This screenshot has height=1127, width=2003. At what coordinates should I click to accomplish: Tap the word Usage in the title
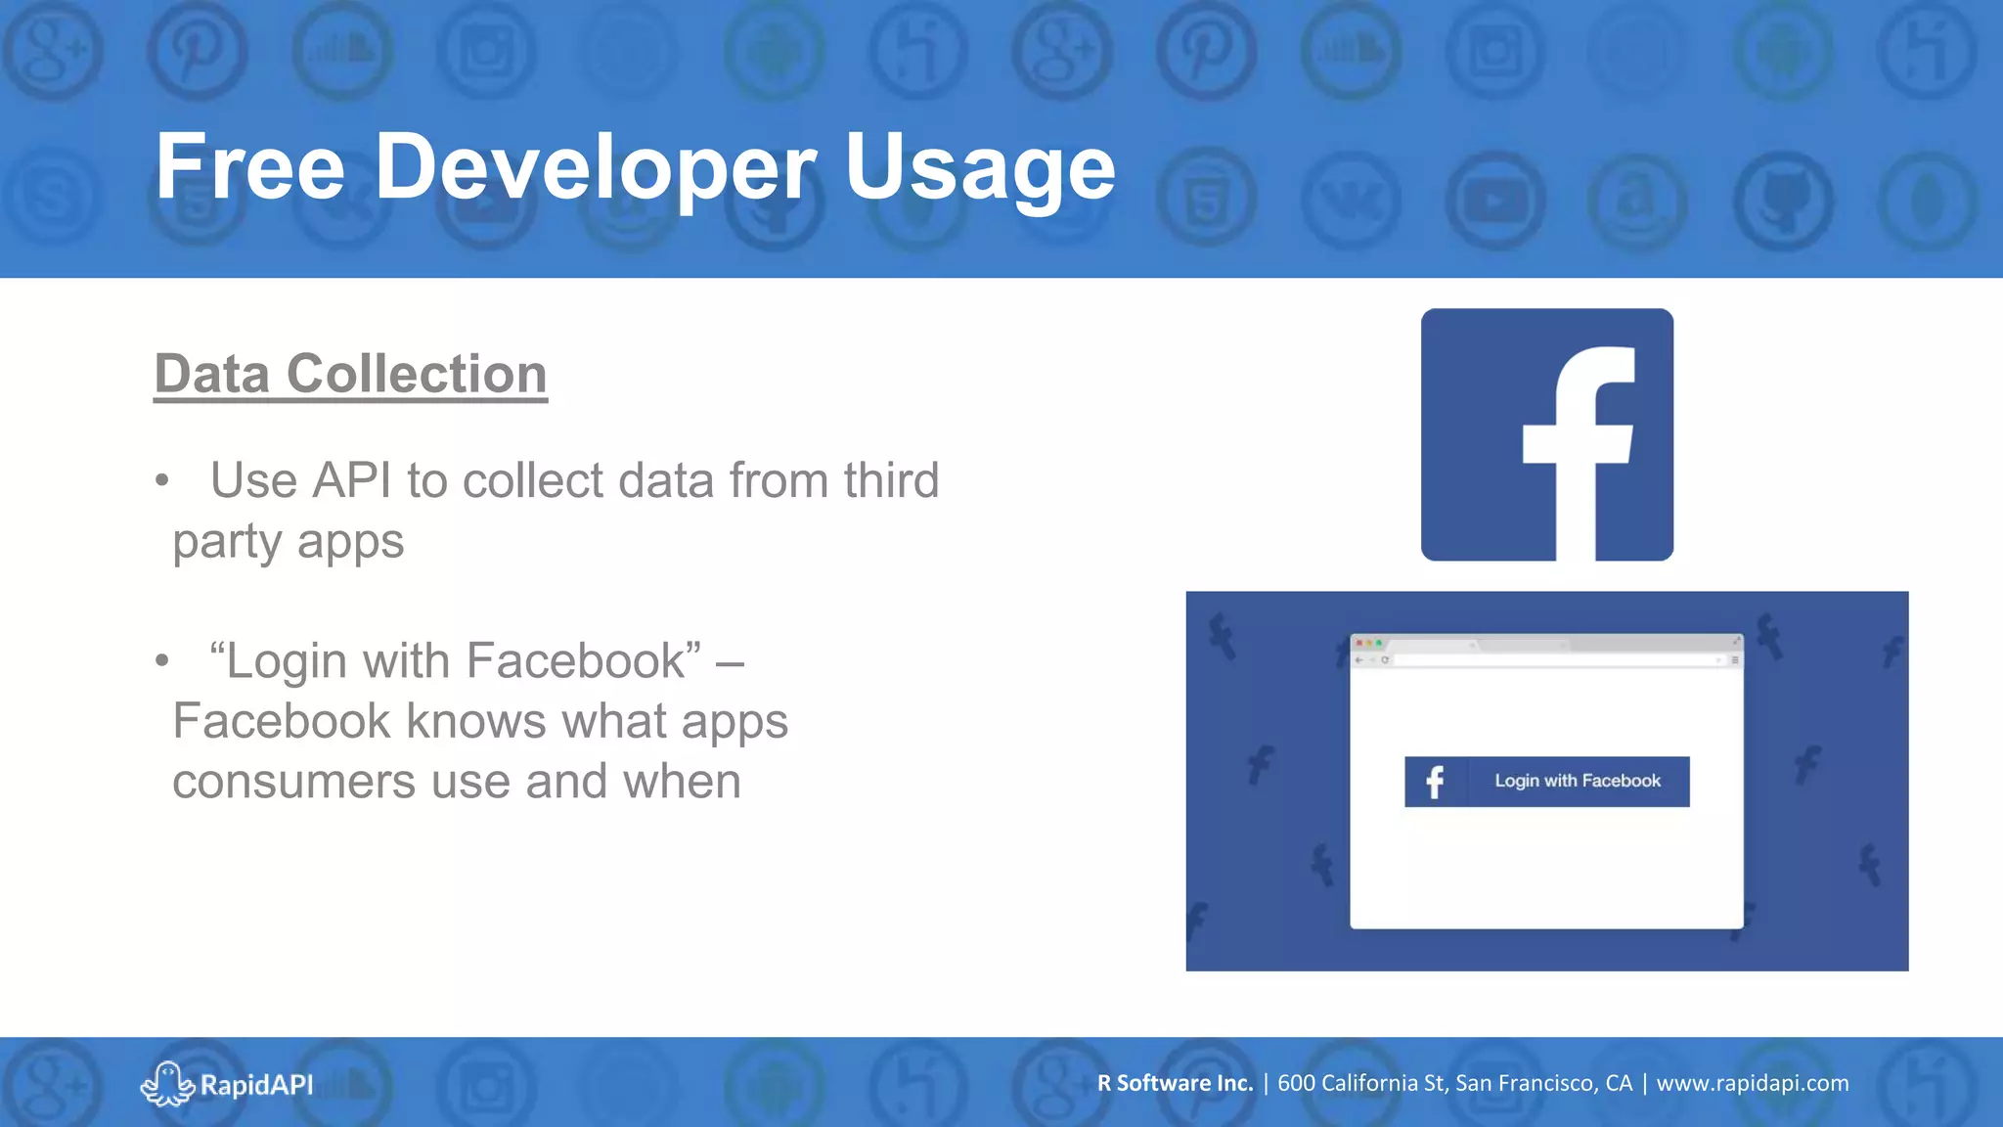click(x=979, y=168)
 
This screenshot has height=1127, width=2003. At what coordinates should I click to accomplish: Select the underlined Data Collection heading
click(x=350, y=374)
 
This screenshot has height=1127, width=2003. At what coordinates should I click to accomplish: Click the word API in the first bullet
click(x=352, y=480)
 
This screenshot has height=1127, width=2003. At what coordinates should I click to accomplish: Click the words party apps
click(x=289, y=542)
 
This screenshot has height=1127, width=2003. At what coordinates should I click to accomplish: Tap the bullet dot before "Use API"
click(x=162, y=480)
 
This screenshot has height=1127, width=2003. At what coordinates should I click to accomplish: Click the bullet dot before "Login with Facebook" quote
click(x=162, y=660)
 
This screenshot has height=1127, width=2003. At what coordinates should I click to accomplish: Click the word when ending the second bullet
click(x=682, y=782)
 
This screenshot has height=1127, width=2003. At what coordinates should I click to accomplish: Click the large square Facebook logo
click(x=1546, y=434)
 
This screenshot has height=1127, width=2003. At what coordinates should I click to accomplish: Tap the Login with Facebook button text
click(x=1577, y=781)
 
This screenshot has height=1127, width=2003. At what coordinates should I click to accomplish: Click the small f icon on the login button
click(x=1435, y=782)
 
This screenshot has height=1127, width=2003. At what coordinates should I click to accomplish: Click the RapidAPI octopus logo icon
click(x=167, y=1084)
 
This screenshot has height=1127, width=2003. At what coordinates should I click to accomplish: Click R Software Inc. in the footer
click(x=1175, y=1083)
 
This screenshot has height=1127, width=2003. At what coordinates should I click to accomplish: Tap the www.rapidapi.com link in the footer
click(x=1752, y=1083)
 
